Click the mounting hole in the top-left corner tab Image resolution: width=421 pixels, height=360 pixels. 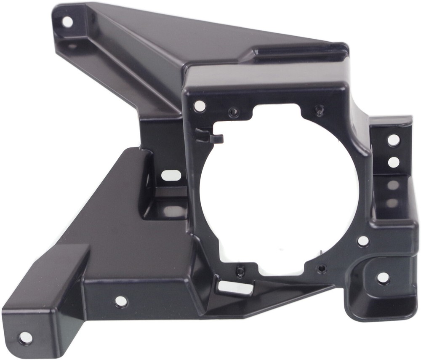pos(67,22)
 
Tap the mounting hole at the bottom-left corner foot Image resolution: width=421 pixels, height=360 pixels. pos(25,337)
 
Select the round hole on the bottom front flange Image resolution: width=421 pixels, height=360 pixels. pos(121,301)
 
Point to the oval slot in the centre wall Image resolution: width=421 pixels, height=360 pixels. pos(171,175)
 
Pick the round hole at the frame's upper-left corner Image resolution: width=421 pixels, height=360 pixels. pos(200,106)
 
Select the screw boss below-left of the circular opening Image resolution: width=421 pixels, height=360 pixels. pos(240,272)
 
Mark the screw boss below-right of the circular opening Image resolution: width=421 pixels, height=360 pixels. pos(322,268)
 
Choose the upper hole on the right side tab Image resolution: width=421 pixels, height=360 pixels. pos(393,140)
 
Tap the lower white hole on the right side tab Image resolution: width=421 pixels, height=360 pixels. pos(393,162)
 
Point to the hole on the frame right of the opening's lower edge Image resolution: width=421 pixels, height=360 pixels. pos(363,241)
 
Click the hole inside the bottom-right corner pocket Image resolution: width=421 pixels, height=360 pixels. pos(383,278)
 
